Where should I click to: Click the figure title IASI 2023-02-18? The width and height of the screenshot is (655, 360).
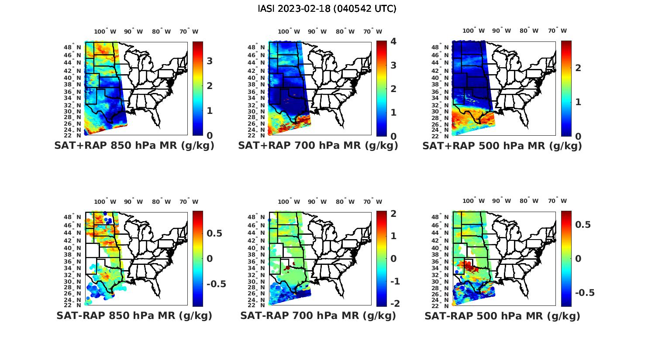coord(327,9)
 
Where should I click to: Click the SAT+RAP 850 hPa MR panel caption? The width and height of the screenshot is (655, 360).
coord(134,146)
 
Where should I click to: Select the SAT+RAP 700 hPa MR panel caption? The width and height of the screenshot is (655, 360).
coord(318,146)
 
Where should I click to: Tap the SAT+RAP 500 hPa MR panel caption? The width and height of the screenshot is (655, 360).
coord(502,146)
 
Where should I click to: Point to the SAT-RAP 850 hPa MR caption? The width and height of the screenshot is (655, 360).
coord(134,315)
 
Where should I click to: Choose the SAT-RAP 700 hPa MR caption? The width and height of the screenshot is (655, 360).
coord(318,315)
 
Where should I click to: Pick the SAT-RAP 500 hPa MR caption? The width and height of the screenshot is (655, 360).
coord(502,315)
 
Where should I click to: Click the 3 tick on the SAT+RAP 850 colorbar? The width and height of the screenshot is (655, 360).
coord(210,61)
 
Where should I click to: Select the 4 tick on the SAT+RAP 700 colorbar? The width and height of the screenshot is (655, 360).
coord(393,41)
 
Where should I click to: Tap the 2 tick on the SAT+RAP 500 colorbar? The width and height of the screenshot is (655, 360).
coord(578,68)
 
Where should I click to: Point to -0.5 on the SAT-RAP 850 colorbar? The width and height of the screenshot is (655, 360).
coord(216,284)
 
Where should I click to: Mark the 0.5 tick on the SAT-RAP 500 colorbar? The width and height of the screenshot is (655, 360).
coord(583,224)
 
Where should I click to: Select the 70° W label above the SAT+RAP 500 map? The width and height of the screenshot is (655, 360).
coord(557,31)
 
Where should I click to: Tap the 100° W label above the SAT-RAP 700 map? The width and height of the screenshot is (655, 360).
coord(289,202)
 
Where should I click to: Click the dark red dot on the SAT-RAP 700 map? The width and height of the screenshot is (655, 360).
coord(288,267)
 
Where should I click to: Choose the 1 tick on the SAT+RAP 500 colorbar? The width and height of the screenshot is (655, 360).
coord(578,102)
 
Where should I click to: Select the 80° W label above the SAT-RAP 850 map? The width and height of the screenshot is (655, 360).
coord(162,202)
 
